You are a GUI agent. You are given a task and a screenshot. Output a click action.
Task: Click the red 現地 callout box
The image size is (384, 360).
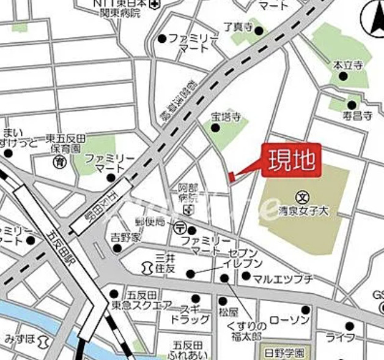point(291,160)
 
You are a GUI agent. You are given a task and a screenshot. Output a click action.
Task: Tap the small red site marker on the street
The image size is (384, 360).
point(231,177)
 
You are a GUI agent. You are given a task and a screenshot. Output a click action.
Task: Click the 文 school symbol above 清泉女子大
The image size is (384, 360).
point(303,197)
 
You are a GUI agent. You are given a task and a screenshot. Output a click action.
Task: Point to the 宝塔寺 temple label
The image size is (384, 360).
point(224,116)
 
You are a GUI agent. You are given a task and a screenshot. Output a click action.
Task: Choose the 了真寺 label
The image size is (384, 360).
point(237,27)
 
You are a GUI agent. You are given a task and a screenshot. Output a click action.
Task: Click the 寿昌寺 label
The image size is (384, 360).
point(357,114)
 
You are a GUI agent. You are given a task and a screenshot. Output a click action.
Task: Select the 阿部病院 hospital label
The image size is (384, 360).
point(188,193)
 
